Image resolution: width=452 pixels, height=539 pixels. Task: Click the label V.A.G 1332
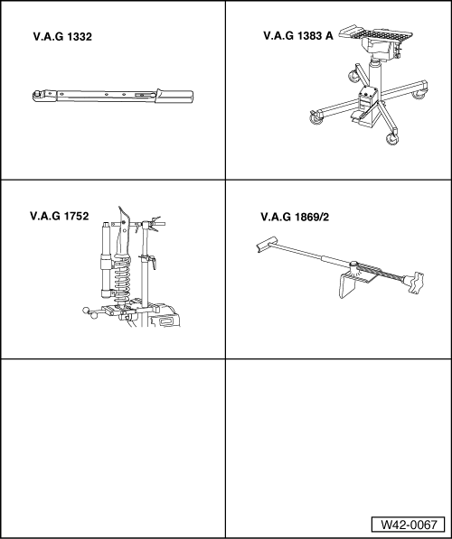click(x=63, y=39)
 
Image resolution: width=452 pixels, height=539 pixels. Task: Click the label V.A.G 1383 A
click(x=297, y=37)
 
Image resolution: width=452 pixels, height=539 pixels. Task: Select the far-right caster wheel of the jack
click(x=419, y=92)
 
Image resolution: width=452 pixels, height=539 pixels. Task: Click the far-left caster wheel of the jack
click(x=315, y=115)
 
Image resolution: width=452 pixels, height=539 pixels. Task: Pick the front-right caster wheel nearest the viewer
click(x=391, y=137)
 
